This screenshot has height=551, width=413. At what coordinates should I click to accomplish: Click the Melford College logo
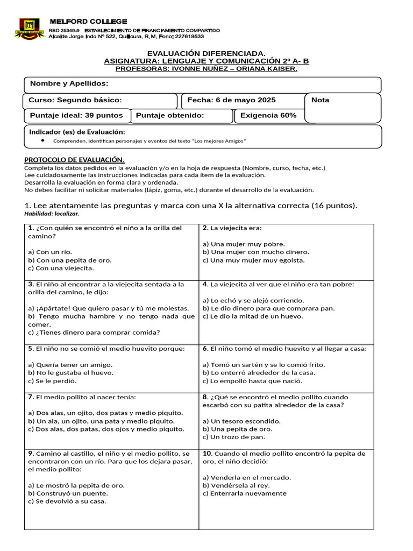(x=30, y=28)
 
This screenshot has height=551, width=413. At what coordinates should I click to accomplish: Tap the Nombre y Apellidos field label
(x=69, y=83)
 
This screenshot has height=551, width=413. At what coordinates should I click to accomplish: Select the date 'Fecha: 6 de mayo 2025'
(x=231, y=100)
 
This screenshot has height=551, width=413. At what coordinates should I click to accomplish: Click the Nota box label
(x=321, y=100)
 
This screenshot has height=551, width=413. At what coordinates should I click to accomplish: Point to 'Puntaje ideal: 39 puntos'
(x=76, y=115)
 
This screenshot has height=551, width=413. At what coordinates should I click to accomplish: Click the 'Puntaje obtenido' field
(x=170, y=115)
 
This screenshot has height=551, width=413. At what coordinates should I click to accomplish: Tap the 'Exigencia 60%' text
(x=268, y=115)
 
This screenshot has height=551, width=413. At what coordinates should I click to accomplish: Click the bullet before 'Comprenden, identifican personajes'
(x=42, y=140)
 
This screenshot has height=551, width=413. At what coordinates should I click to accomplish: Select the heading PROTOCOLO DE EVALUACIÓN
(x=74, y=160)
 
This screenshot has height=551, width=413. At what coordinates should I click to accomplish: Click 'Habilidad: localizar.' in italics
(x=52, y=214)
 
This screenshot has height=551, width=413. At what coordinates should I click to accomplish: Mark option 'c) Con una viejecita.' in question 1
(x=61, y=268)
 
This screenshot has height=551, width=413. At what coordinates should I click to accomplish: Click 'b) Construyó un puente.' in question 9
(x=68, y=493)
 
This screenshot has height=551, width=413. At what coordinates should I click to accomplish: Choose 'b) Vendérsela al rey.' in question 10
(x=239, y=485)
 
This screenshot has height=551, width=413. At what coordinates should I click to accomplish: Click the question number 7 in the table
(x=31, y=397)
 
